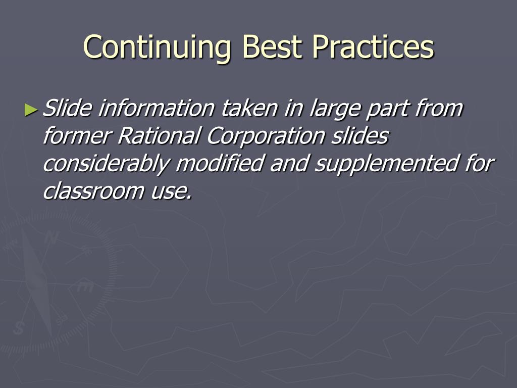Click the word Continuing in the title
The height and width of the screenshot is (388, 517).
[157, 47]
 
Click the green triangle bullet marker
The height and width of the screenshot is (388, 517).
[31, 110]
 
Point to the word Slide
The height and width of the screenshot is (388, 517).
[67, 108]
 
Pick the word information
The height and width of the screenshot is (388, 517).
[157, 108]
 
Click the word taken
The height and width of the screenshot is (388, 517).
[249, 108]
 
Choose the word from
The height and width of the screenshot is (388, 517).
[439, 108]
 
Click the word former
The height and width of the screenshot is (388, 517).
[77, 135]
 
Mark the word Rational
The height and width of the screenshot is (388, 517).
[159, 135]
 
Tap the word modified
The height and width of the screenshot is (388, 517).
[220, 163]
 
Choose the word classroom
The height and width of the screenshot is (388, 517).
[93, 191]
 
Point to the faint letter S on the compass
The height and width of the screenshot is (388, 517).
[19, 327]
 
